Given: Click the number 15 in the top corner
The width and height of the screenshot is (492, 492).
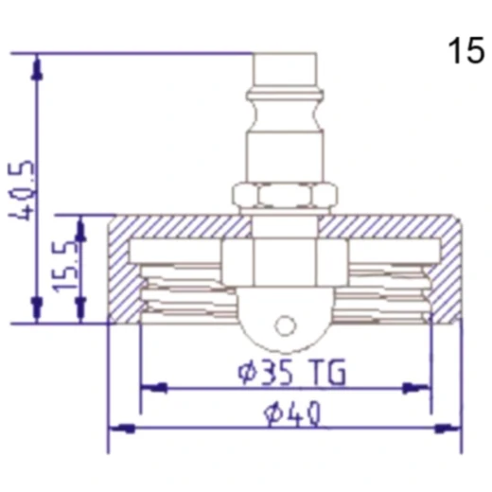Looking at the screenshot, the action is pos(466,50).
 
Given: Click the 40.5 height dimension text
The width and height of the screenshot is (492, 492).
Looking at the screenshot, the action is pos(21,190).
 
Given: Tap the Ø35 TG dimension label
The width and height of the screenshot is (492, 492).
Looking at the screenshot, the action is pos(291,372).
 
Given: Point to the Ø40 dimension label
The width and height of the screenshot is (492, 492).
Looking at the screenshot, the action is pos(292,413).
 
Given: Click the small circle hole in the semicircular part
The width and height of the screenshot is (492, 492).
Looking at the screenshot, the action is pos(286,325).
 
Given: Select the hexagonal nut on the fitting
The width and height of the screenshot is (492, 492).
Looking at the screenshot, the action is pos(285,196).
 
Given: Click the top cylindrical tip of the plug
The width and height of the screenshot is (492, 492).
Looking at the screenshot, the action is pos(285,72).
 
